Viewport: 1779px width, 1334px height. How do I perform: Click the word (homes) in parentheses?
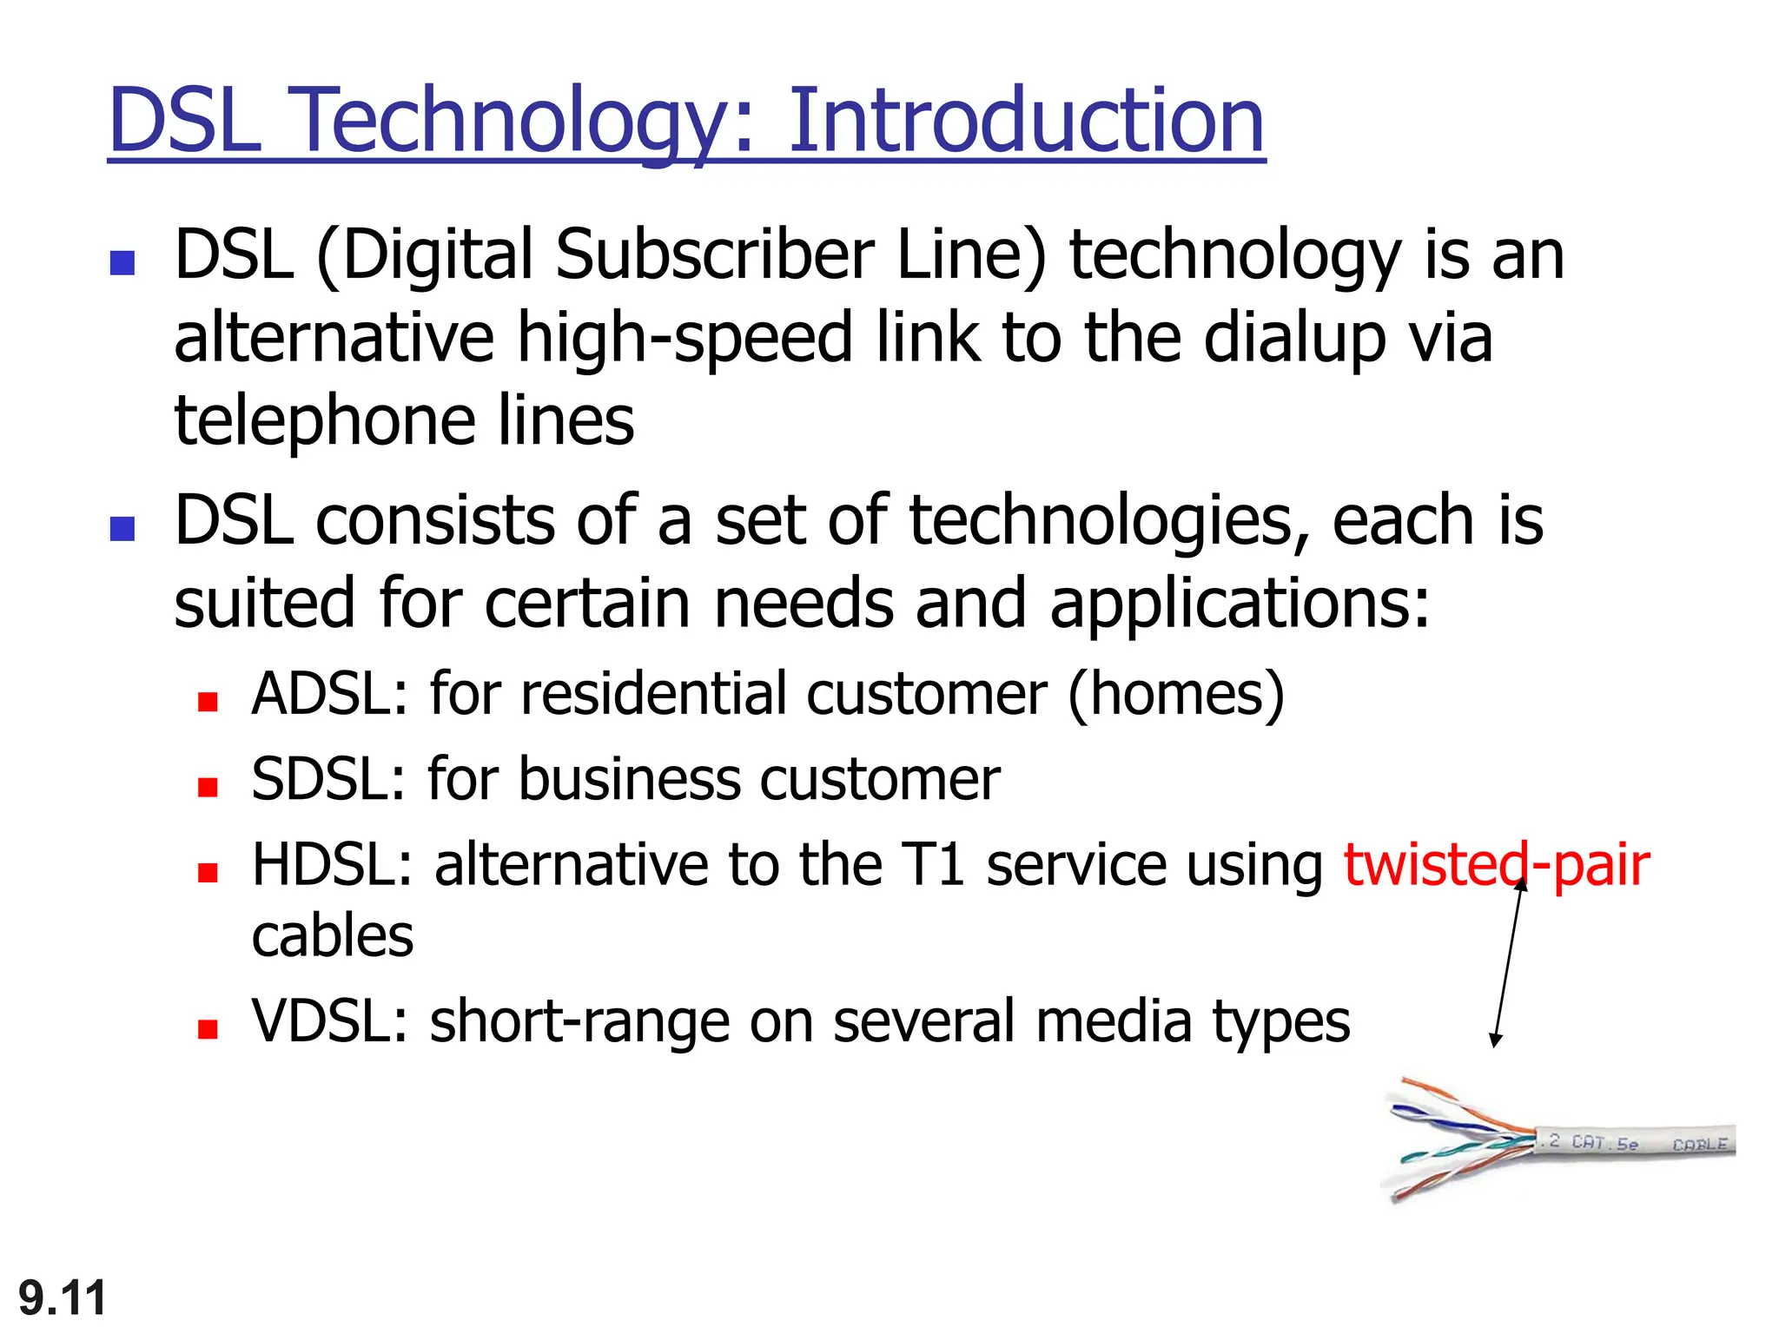click(x=1175, y=695)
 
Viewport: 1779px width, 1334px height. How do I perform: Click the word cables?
click(x=332, y=936)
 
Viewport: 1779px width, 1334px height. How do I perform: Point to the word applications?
click(x=1239, y=604)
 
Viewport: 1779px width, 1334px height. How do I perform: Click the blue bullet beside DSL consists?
click(x=122, y=528)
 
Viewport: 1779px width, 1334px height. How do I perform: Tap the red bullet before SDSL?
click(x=207, y=787)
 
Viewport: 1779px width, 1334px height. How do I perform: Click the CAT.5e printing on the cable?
click(x=1604, y=1143)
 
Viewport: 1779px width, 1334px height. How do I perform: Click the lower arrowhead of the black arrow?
click(x=1495, y=1040)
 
